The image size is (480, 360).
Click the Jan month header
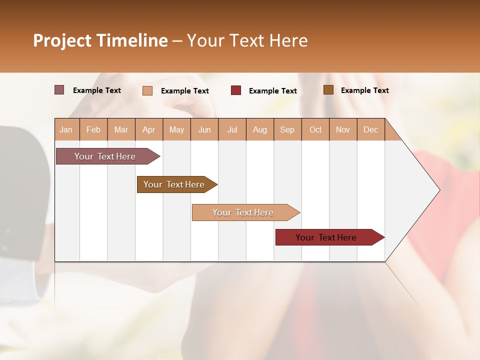pos(66,129)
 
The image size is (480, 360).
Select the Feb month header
pos(93,129)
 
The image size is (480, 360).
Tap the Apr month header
pos(148,129)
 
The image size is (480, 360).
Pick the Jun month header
pos(204,129)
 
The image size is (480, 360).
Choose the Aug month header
pos(260,129)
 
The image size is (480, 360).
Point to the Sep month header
pos(287,129)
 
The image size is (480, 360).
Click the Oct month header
pos(315,129)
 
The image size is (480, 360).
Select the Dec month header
pos(370,129)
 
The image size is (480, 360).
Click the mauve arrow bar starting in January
pos(105,156)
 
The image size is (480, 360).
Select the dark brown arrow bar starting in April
pos(174,184)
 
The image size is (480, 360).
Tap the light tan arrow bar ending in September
pos(243,212)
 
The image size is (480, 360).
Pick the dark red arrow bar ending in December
pos(326,237)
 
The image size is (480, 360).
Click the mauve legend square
pos(59,90)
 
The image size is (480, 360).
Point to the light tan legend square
pos(147,90)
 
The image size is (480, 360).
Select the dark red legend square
pos(236,90)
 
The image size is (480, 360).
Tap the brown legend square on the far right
pos(328,90)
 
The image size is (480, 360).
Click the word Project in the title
pos(61,40)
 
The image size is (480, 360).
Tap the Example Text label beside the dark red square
pos(272,91)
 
